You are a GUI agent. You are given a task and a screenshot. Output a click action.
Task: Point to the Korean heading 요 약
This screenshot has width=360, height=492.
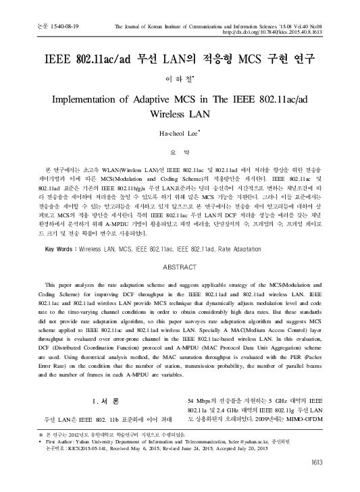(180, 171)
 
